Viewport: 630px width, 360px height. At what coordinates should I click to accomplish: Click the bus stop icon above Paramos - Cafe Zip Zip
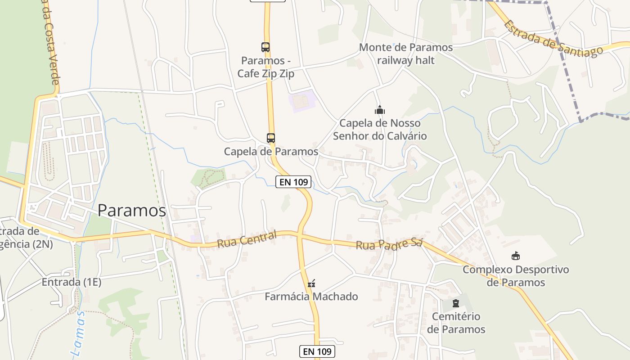265,47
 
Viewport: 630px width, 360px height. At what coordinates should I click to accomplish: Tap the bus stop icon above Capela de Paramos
271,138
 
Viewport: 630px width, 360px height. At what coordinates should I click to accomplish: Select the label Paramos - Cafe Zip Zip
266,67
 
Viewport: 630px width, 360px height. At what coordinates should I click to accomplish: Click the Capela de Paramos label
271,152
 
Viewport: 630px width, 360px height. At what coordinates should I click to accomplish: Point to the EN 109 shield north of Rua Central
293,182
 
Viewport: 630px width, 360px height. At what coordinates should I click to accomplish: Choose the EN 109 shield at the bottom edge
317,351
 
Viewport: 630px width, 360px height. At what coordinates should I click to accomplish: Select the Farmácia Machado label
311,297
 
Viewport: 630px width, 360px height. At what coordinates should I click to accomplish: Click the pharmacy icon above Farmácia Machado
311,283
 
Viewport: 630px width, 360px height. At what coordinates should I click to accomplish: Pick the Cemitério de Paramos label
456,323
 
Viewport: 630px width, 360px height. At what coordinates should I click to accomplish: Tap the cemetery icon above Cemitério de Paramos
456,303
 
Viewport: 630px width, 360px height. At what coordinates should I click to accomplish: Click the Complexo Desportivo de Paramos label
516,276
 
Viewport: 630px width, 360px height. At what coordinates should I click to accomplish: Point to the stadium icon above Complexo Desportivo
516,256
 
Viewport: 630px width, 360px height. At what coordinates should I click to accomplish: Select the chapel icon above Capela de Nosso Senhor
380,109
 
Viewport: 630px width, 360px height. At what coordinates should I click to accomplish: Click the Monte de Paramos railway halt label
406,54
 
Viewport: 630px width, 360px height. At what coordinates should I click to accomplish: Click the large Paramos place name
132,210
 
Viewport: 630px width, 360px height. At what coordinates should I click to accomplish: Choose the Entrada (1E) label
72,282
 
